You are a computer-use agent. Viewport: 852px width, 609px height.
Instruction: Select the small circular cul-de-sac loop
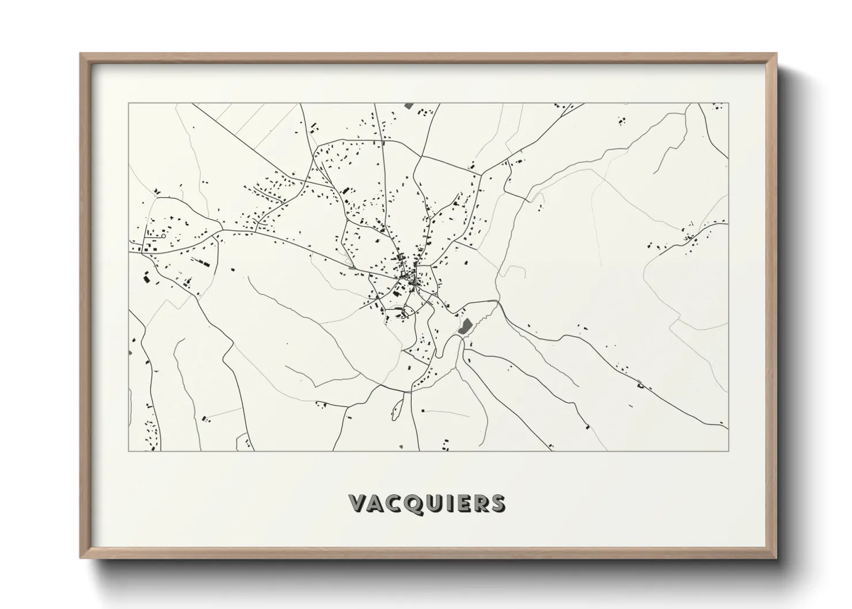pyautogui.click(x=163, y=236)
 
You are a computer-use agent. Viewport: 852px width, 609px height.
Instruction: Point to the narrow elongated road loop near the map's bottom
pyautogui.click(x=395, y=408)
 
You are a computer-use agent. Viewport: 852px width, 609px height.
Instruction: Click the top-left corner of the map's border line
pyautogui.click(x=128, y=103)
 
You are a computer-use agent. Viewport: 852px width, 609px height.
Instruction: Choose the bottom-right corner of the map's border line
pyautogui.click(x=728, y=451)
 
